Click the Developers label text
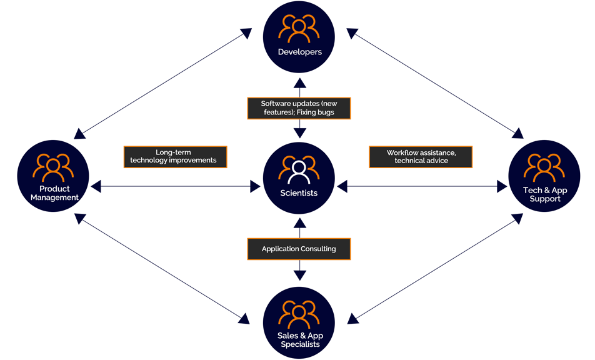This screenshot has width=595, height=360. tap(299, 52)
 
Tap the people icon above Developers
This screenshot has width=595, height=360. tap(299, 29)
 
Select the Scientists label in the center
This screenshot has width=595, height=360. tap(299, 193)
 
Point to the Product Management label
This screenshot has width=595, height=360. tap(54, 193)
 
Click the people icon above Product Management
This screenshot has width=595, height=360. tap(54, 167)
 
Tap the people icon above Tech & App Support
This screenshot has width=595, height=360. tap(543, 168)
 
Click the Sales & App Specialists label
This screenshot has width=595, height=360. tap(299, 340)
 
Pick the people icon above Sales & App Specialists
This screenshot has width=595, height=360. tap(299, 316)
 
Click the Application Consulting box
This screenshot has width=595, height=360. tap(299, 249)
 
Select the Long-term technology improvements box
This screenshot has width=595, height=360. tap(175, 156)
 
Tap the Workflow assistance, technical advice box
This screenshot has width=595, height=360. tap(421, 157)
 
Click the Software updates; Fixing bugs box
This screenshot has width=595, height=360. tap(299, 108)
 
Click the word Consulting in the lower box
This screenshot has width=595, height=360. tap(316, 249)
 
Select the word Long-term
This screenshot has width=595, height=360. tap(173, 152)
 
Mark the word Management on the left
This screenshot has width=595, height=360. tap(54, 197)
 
